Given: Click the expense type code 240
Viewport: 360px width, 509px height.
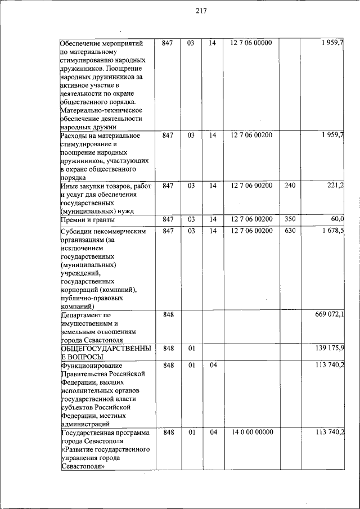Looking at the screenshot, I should [290, 185].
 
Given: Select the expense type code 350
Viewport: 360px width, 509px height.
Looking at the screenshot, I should [290, 219].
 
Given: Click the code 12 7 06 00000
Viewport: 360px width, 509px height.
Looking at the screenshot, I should [251, 43].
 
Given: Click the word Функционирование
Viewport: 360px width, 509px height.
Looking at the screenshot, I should [89, 365].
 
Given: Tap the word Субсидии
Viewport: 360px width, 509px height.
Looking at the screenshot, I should [76, 231].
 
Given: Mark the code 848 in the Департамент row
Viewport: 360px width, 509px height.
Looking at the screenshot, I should [168, 314].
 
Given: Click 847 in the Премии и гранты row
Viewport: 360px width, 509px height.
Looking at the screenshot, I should [168, 219].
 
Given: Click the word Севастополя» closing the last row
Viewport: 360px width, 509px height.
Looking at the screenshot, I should [83, 467].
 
